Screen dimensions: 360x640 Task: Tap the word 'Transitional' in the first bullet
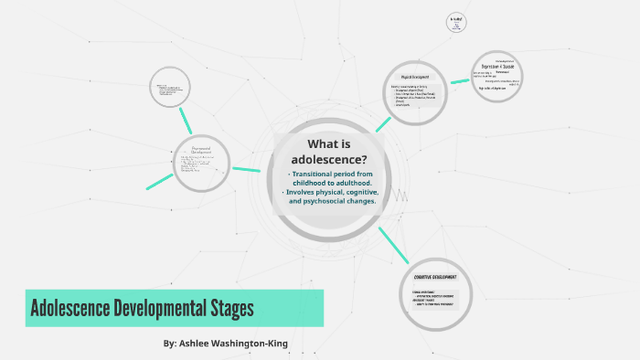(316, 174)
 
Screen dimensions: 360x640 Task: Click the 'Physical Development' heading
(414, 77)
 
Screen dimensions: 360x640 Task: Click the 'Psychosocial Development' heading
(201, 149)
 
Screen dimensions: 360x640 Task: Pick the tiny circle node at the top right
(457, 23)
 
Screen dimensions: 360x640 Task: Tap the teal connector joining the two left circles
(187, 119)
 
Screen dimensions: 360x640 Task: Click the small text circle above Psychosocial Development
(169, 88)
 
